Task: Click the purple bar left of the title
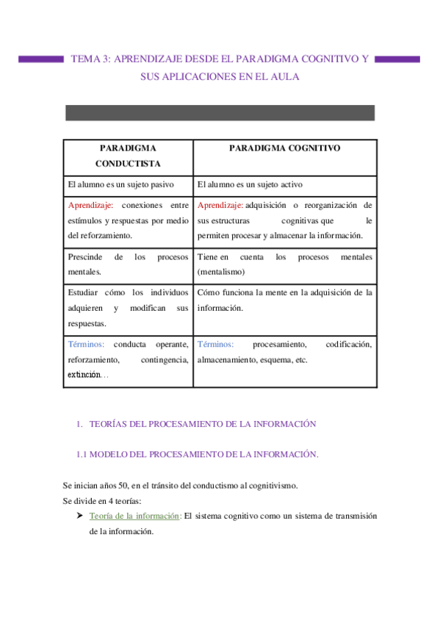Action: (x=42, y=59)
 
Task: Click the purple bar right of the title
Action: (x=397, y=59)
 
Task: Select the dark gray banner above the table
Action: (x=220, y=112)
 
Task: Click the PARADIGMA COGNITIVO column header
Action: (x=284, y=148)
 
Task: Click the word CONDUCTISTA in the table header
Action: (x=128, y=164)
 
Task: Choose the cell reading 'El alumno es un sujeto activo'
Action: (x=250, y=184)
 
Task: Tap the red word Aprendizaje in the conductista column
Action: (x=89, y=205)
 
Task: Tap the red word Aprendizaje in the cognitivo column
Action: (x=220, y=205)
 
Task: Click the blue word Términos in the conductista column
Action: (x=85, y=344)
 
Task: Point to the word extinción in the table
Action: (x=82, y=375)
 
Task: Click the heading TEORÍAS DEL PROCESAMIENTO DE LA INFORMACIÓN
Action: (x=202, y=424)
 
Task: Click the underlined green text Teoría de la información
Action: (x=134, y=516)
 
